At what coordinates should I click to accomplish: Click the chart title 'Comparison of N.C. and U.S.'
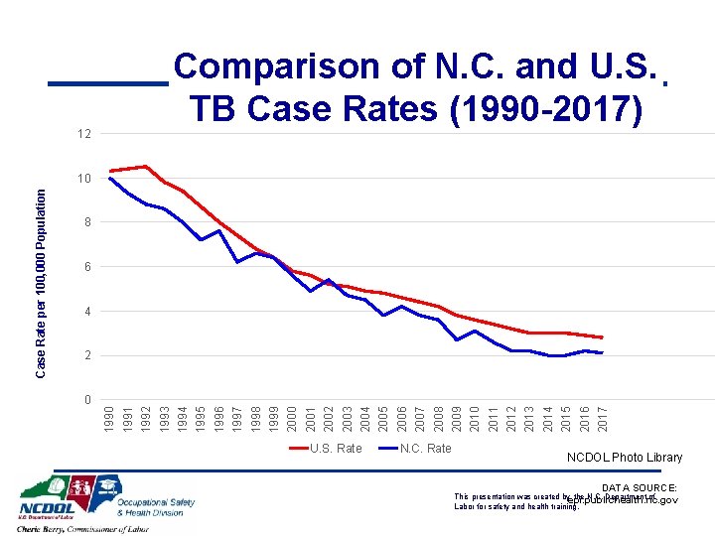point(415,67)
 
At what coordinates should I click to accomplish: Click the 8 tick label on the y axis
point(86,223)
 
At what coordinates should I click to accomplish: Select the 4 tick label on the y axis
point(86,312)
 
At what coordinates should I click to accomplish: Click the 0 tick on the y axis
point(86,400)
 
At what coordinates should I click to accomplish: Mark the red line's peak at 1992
point(146,167)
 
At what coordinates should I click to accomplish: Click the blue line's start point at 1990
point(110,179)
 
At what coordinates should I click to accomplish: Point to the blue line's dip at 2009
point(457,339)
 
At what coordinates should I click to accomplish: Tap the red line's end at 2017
point(602,338)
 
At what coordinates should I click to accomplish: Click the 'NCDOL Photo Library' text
point(625,458)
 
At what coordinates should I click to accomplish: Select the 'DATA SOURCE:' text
point(639,487)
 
